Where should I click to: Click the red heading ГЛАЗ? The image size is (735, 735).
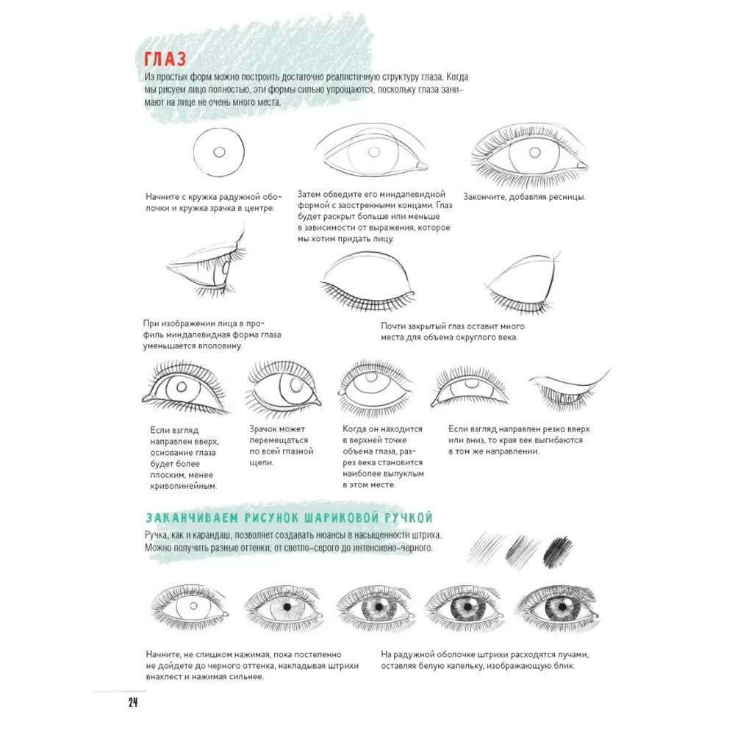point(165,59)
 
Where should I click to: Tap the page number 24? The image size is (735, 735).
point(133,702)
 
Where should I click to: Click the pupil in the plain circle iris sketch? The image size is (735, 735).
point(219,152)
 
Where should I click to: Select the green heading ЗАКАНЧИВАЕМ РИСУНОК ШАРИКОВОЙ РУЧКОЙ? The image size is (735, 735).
point(289,517)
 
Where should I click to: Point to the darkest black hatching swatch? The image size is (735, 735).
point(557,550)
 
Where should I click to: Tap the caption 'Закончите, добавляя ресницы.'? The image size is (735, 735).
point(525,197)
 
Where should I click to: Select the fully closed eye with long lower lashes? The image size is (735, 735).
point(368,282)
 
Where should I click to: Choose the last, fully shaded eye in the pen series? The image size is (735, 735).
point(559,608)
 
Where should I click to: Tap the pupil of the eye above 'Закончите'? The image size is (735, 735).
point(535,152)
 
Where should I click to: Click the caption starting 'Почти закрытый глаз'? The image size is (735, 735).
point(453,331)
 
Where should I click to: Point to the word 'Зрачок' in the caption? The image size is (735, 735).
point(263,429)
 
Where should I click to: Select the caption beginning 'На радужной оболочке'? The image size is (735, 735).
point(484,660)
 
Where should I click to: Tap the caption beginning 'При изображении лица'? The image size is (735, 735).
point(212,334)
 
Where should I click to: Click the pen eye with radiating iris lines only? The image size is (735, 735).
point(284,608)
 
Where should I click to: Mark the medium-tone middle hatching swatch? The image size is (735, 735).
point(522,548)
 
